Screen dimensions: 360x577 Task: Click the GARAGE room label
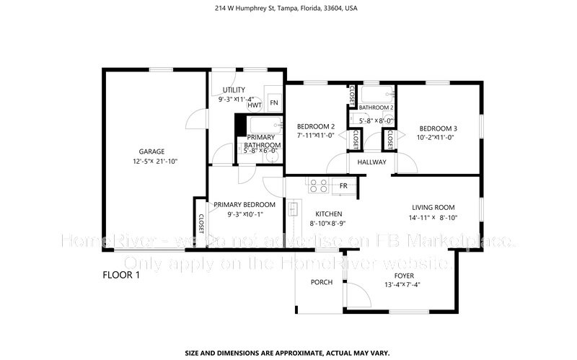click(152, 152)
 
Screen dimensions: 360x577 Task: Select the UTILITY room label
click(234, 89)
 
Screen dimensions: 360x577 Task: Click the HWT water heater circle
click(254, 105)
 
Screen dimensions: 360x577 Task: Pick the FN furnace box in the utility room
click(274, 103)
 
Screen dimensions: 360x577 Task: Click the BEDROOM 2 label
click(316, 127)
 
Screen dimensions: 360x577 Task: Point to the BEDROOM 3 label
click(439, 128)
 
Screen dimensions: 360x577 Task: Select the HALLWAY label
click(371, 162)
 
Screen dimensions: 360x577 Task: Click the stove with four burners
click(318, 185)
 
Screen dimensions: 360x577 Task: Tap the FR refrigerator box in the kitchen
click(345, 186)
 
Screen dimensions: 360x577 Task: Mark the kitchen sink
click(294, 210)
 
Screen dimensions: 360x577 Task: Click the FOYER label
click(403, 276)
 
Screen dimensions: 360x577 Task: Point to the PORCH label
click(321, 282)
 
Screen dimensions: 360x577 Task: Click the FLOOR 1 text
click(120, 275)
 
